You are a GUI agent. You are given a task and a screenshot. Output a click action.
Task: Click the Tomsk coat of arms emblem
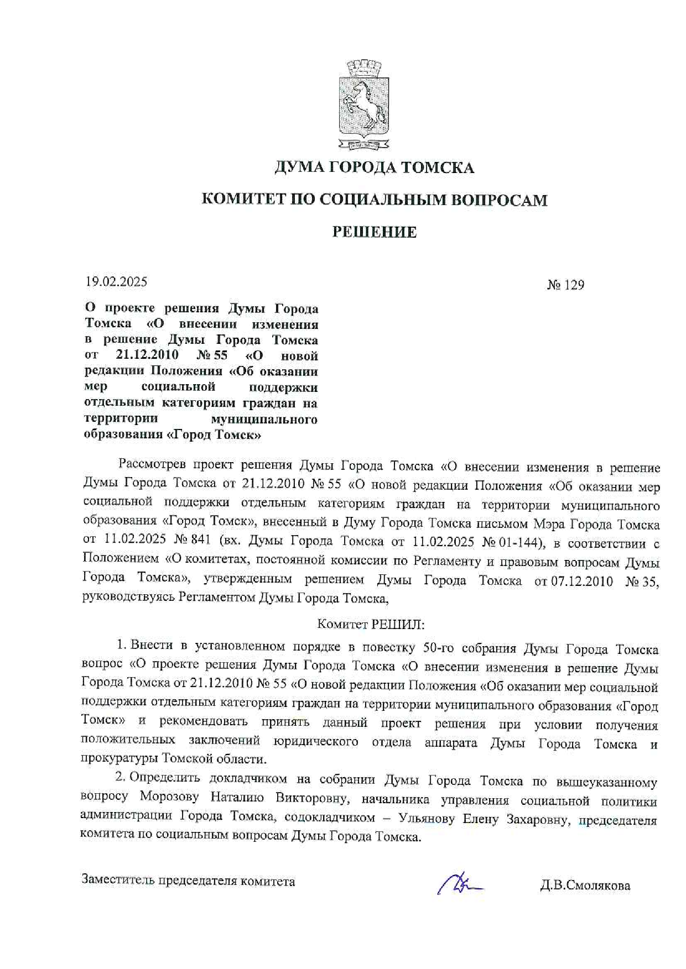tap(363, 105)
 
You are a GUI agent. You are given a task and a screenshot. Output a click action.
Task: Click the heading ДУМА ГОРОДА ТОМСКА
tap(374, 167)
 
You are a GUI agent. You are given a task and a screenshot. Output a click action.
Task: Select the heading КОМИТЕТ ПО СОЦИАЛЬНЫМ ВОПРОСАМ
tap(374, 200)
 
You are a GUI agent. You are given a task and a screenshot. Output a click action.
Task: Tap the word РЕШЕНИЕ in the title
tap(374, 232)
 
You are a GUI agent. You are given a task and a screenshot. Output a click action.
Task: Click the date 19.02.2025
tap(116, 282)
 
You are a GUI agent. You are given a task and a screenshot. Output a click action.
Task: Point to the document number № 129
tap(565, 285)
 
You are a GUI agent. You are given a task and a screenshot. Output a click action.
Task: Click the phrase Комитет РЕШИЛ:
tap(371, 625)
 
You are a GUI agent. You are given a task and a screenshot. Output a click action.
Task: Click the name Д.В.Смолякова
tap(585, 886)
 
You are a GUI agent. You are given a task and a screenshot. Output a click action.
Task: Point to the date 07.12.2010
tap(582, 581)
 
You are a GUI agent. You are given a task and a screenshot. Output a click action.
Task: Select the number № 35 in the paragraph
tap(642, 582)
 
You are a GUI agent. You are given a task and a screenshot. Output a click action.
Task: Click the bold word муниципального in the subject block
tap(264, 420)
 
